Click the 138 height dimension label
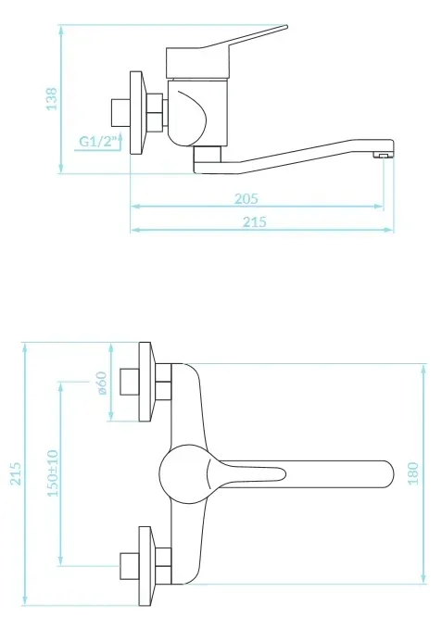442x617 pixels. coord(52,99)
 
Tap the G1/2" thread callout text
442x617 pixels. coord(99,141)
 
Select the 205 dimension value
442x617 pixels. coord(246,198)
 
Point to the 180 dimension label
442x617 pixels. coord(413,473)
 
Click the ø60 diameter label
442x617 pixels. coord(101,383)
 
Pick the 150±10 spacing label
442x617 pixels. coord(53,473)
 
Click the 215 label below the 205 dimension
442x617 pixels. coord(254,222)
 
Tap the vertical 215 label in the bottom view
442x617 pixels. coord(15,473)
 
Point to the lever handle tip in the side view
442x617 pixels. coord(285,28)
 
